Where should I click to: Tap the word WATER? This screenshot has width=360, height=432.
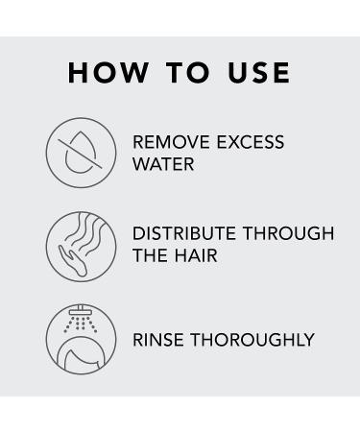pyautogui.click(x=163, y=164)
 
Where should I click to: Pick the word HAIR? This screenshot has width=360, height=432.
pyautogui.click(x=199, y=256)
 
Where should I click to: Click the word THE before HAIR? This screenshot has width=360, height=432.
pyautogui.click(x=151, y=256)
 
